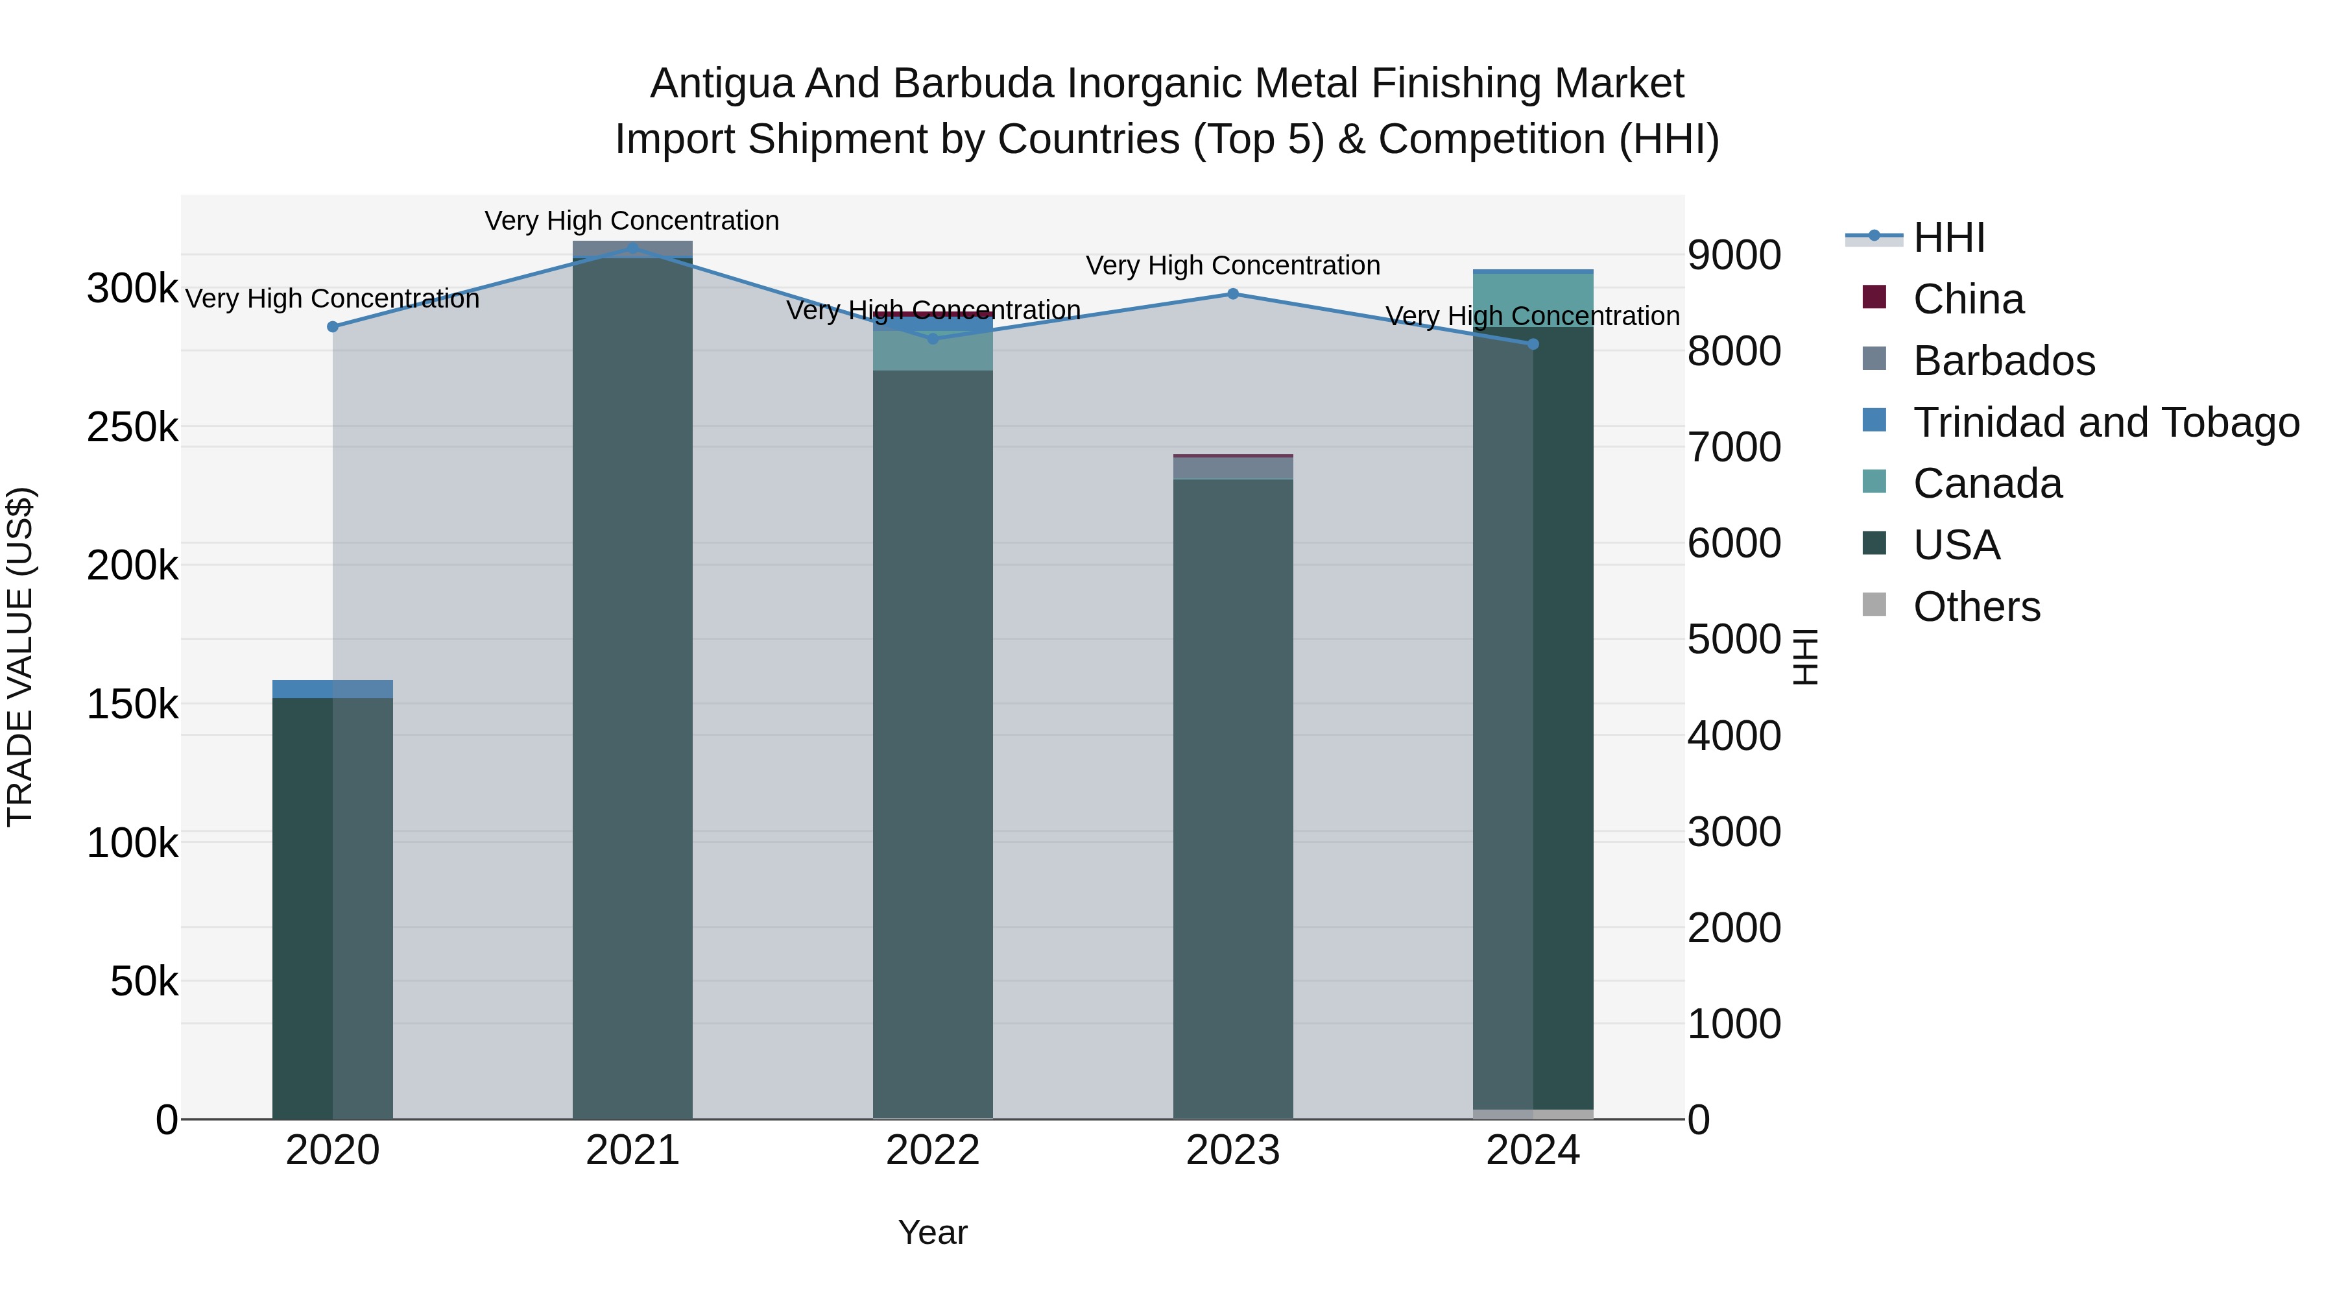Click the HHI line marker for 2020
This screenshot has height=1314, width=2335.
[x=333, y=326]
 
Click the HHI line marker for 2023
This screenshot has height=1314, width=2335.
[x=1233, y=294]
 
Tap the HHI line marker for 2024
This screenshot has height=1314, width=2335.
[x=1533, y=344]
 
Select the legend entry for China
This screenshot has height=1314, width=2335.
[x=1968, y=299]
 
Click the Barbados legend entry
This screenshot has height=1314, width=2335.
[x=2004, y=361]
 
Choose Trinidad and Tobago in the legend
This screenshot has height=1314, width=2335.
[x=2105, y=422]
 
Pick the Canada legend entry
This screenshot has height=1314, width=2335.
[x=1987, y=483]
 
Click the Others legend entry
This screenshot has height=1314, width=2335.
[x=1976, y=607]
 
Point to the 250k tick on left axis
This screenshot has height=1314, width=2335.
[x=132, y=427]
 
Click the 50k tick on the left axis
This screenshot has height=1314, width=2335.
[x=144, y=981]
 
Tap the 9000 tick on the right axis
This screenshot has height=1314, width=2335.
[x=1734, y=255]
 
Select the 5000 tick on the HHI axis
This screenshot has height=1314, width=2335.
[x=1734, y=639]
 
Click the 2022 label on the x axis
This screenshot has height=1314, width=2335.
[x=933, y=1150]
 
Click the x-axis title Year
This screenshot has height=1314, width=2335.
[x=933, y=1232]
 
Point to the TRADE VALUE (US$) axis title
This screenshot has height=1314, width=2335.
[x=20, y=657]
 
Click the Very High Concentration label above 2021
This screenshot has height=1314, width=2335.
[x=632, y=221]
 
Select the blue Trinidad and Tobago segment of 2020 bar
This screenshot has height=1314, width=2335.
[x=333, y=689]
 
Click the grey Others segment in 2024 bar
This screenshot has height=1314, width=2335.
[x=1533, y=1113]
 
